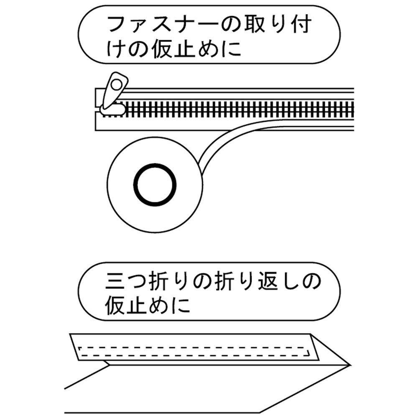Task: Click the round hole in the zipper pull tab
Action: pos(116,86)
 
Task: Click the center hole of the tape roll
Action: pos(155,185)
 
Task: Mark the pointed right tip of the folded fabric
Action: pos(349,365)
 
